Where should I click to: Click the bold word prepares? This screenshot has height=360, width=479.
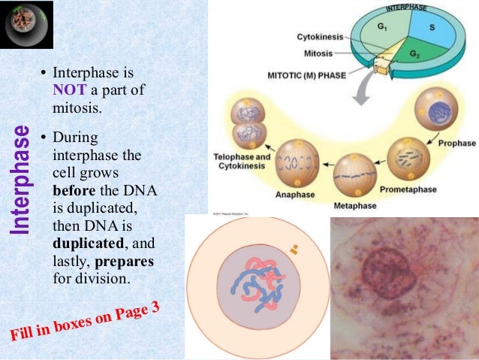pos(127,262)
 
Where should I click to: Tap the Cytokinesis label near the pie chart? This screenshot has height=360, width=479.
pos(318,36)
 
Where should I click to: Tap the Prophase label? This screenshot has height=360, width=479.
pos(456,142)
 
